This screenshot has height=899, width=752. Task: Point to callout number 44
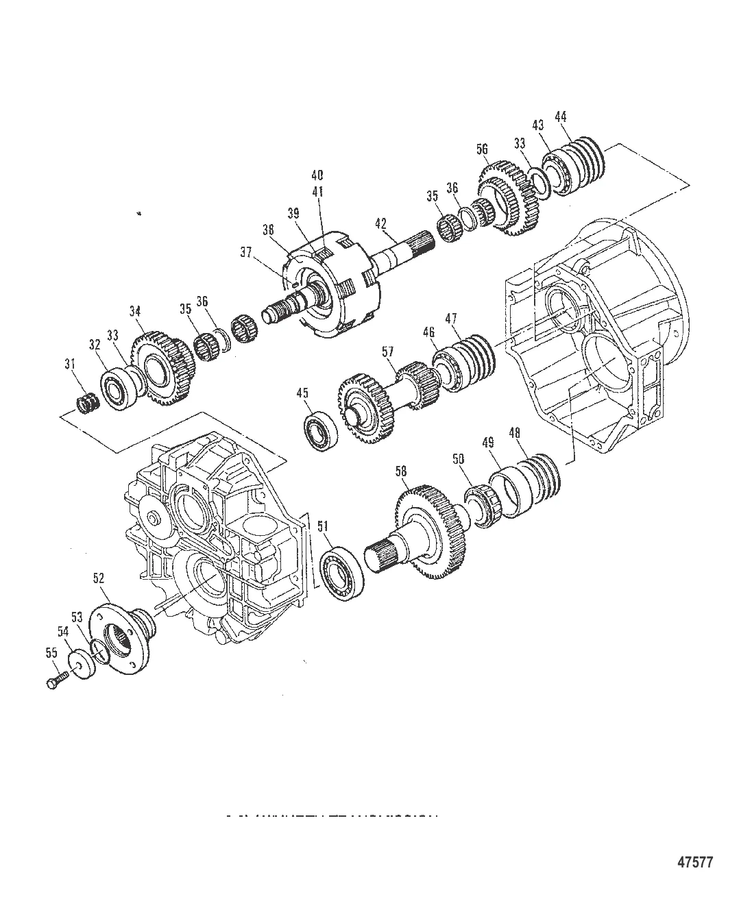tap(560, 117)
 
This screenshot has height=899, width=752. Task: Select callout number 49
tap(488, 443)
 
